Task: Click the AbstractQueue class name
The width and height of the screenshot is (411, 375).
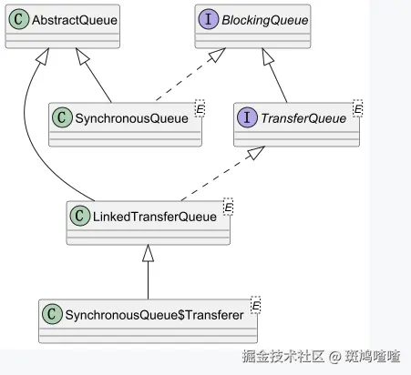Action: pos(75,20)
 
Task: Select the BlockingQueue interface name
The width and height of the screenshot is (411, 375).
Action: pos(265,20)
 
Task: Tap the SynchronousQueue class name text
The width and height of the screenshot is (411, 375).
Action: pos(131,118)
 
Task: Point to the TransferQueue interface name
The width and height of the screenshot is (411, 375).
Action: pos(303,118)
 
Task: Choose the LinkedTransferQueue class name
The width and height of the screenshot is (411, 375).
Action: pos(155,217)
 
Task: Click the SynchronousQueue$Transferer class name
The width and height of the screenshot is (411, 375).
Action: pos(154,315)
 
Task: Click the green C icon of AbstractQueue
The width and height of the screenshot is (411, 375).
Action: pos(19,19)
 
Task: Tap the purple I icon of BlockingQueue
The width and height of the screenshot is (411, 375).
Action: pos(209,19)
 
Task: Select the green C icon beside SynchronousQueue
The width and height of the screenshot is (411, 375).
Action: pos(62,117)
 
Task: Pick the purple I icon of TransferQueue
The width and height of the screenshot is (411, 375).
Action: pos(247,117)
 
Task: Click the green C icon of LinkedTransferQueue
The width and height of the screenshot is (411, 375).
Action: pos(80,216)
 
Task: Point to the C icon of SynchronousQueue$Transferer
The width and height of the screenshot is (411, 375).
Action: pos(52,314)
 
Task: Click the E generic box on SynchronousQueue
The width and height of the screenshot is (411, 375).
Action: pos(200,108)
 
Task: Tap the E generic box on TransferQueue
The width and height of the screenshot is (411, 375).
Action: pos(358,108)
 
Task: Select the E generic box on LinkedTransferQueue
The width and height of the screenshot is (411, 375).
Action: pos(228,207)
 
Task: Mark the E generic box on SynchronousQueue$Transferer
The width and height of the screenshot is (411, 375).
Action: pos(256,305)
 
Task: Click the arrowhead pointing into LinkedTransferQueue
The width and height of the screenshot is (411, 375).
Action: pos(149,253)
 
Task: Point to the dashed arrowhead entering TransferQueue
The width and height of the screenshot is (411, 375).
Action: pos(256,153)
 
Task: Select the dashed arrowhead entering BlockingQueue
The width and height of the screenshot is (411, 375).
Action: pos(217,55)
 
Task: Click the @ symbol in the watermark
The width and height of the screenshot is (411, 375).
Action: pos(335,357)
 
